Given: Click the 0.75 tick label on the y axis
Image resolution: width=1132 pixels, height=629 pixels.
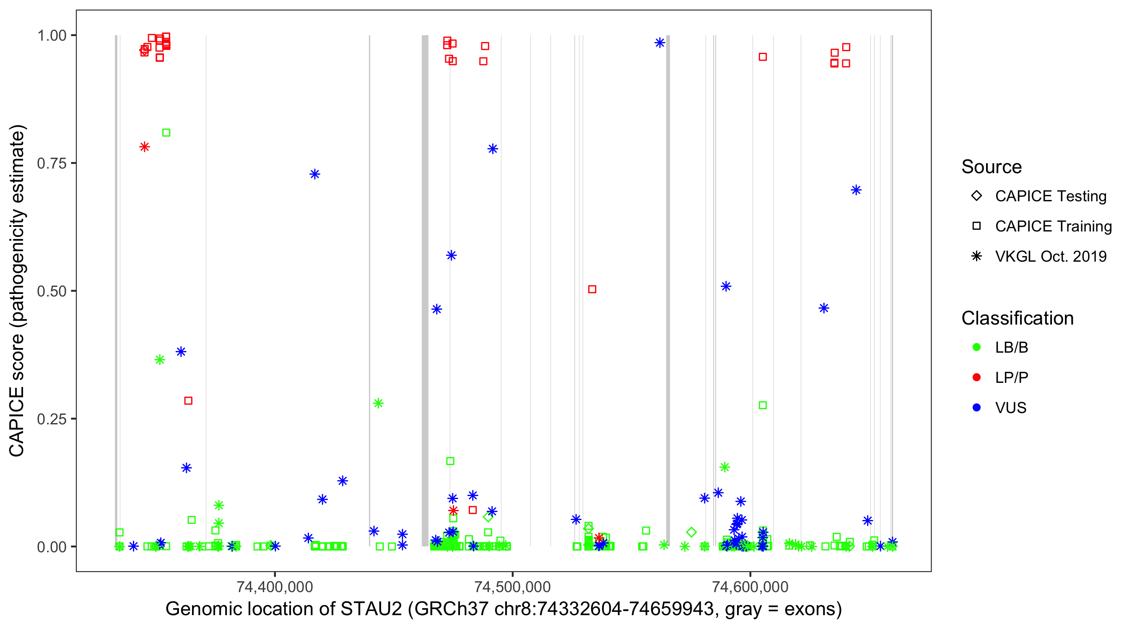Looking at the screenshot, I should [x=51, y=164].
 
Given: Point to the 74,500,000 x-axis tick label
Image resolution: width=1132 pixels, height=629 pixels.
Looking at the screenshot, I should [x=512, y=587].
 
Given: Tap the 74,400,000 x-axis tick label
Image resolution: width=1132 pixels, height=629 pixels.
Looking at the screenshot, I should [x=275, y=587].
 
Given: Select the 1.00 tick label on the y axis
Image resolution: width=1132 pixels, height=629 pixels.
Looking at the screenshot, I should [x=51, y=36].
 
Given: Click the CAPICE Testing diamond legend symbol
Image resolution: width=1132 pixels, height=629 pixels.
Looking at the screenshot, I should [x=976, y=196].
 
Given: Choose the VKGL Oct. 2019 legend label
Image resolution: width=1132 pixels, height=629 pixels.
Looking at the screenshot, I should [x=1051, y=256].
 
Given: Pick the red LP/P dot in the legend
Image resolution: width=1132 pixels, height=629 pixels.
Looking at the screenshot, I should [x=976, y=377].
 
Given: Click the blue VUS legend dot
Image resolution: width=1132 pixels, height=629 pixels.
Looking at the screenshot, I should [x=976, y=408].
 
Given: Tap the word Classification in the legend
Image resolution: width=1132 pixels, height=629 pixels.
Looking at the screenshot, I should [x=1017, y=318].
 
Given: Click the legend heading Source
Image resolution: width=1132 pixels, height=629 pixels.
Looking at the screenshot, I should [x=992, y=167].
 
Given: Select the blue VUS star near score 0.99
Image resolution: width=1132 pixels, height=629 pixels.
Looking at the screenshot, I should [x=659, y=43].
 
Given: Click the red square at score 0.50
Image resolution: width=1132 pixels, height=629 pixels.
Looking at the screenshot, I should [x=592, y=289].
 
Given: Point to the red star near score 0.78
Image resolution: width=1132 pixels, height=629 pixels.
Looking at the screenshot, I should [x=145, y=147].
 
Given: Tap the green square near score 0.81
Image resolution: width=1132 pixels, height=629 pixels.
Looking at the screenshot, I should [x=166, y=133].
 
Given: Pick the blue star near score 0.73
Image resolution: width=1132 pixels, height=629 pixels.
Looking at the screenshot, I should [x=314, y=174].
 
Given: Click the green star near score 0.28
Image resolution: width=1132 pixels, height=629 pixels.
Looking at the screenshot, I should [x=378, y=403].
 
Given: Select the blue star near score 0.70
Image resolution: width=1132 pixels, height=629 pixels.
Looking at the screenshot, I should [x=856, y=190].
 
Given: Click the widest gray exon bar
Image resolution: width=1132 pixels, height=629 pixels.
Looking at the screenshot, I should [x=425, y=290].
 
